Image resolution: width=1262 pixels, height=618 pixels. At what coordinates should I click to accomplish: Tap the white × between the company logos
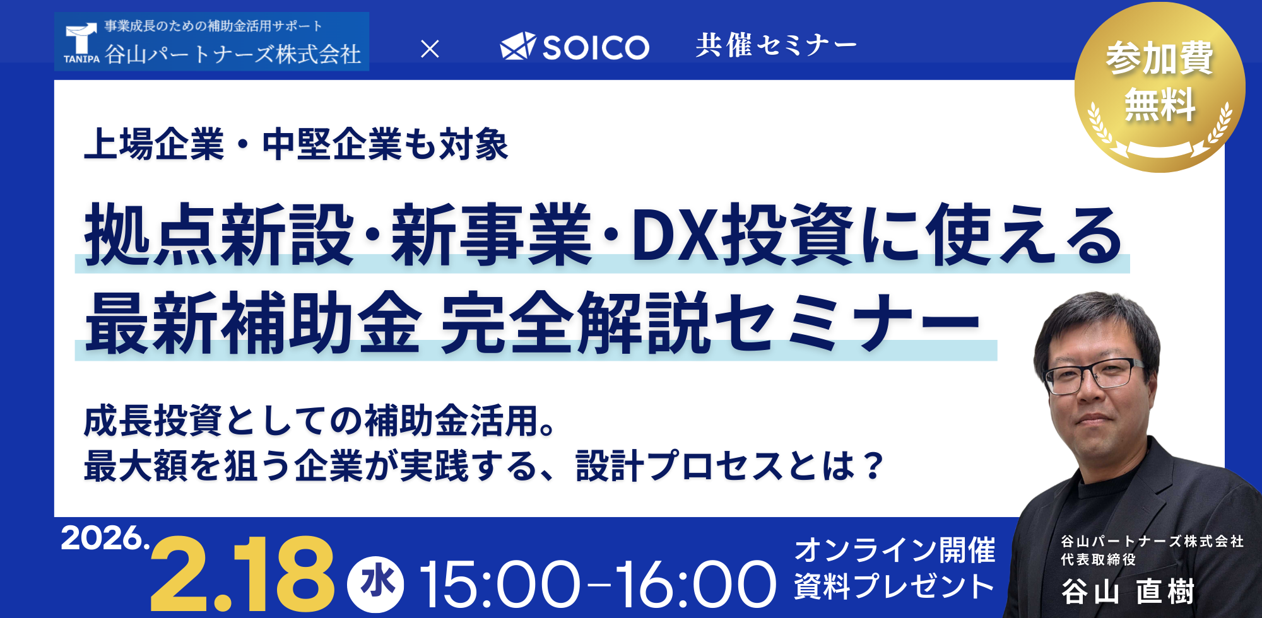(430, 49)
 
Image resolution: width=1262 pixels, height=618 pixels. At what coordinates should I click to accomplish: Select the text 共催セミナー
(776, 45)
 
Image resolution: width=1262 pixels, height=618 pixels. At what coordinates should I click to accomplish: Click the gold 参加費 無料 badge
(1160, 87)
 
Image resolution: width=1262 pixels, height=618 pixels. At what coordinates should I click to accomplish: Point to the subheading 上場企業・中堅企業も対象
(297, 144)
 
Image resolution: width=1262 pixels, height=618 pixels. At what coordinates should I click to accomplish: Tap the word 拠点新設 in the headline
(219, 235)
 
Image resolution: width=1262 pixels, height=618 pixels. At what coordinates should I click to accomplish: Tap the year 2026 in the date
(101, 538)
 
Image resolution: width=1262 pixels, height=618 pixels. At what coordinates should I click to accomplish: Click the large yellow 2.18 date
(242, 574)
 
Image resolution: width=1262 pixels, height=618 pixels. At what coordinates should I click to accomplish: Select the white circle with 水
(376, 584)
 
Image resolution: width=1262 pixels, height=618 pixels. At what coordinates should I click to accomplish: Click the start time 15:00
(499, 585)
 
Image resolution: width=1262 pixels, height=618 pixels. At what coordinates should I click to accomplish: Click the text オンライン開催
(895, 550)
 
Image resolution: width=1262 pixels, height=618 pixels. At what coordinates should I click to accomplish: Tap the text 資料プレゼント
(895, 586)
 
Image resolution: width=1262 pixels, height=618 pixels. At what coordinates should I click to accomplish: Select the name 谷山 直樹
(1128, 592)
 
